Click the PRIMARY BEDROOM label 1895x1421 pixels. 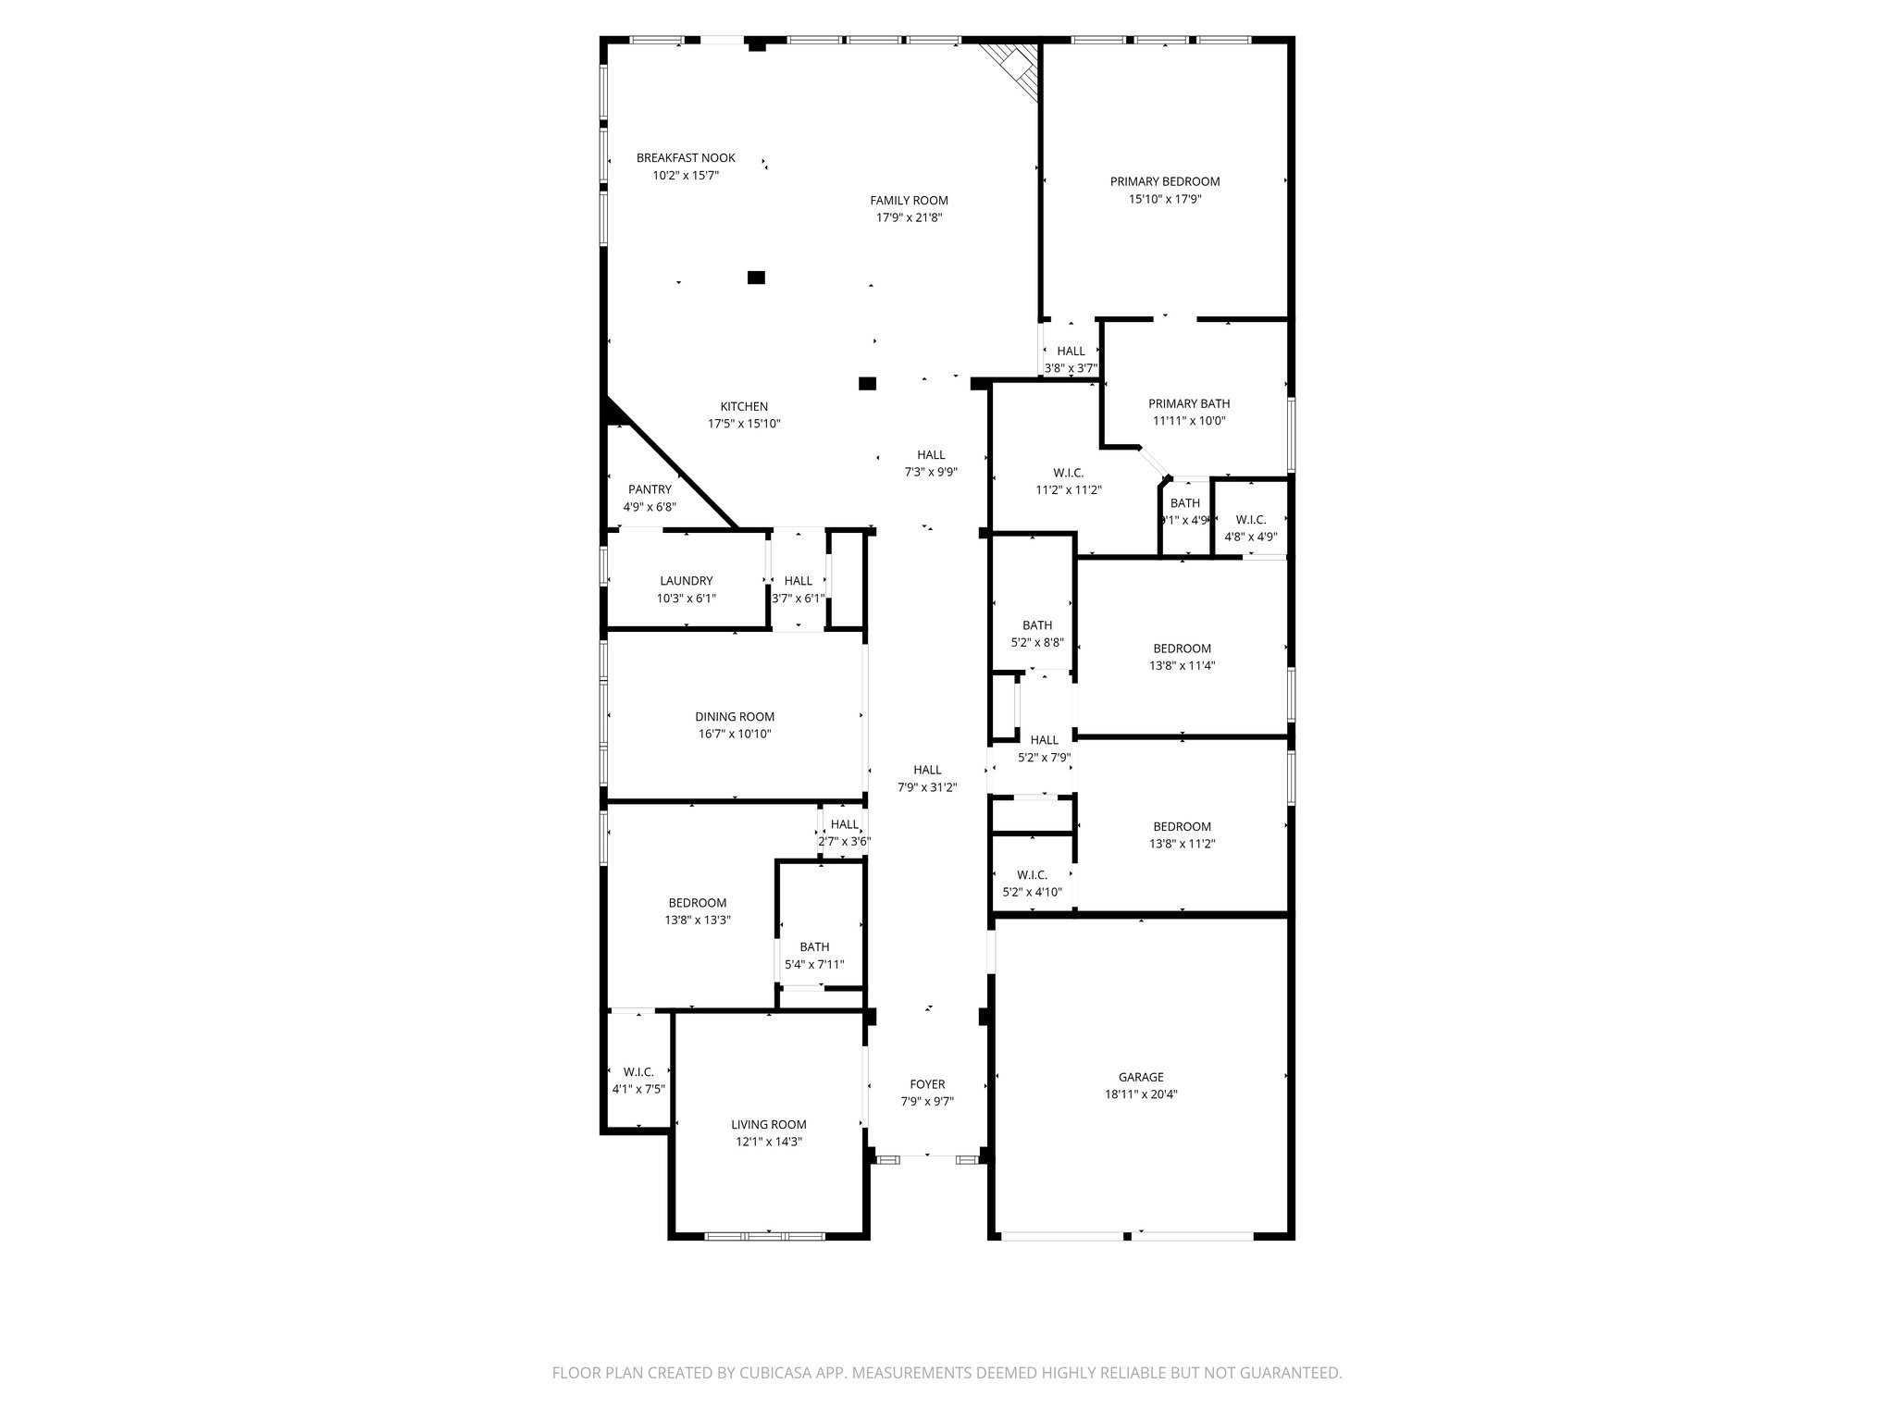tap(1164, 181)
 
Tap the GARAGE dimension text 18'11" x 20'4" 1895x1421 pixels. tap(1140, 1094)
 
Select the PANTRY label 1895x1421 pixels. tap(650, 489)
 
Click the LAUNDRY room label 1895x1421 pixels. tap(686, 581)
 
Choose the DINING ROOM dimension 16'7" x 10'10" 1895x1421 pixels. tap(735, 734)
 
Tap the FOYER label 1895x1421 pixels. tap(927, 1084)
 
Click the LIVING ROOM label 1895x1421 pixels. tap(768, 1125)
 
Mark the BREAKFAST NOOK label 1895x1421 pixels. tap(686, 158)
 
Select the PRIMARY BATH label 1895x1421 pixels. tap(1188, 403)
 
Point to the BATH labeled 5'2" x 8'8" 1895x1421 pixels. tap(1036, 625)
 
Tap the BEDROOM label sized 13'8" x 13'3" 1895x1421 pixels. tap(697, 903)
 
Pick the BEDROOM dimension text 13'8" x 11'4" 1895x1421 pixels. tap(1182, 665)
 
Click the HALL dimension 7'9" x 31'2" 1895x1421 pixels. tap(927, 787)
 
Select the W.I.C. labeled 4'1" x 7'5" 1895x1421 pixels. tap(638, 1072)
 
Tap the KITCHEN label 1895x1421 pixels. tap(744, 407)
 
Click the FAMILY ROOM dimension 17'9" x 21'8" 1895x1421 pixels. tap(909, 217)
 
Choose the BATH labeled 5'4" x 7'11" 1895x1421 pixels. tap(814, 947)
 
